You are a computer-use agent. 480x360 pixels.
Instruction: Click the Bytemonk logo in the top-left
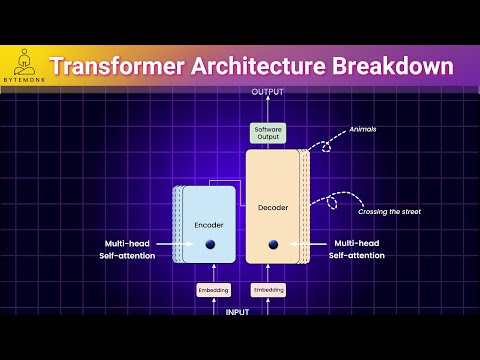(x=21, y=65)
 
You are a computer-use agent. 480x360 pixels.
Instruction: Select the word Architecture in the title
(x=252, y=67)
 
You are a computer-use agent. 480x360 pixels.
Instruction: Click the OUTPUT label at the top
(x=267, y=92)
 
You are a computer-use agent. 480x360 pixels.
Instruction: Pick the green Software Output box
(x=267, y=133)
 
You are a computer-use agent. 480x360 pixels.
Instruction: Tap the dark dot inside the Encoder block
(x=211, y=245)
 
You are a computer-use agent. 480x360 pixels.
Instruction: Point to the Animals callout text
(x=363, y=129)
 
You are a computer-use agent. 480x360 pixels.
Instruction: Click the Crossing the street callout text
(x=385, y=211)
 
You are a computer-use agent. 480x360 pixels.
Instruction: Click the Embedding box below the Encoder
(x=213, y=290)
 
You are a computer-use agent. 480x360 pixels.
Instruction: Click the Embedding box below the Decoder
(x=267, y=290)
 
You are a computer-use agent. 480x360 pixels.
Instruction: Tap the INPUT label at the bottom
(x=239, y=311)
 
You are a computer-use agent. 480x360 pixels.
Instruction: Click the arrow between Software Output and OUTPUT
(x=267, y=110)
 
